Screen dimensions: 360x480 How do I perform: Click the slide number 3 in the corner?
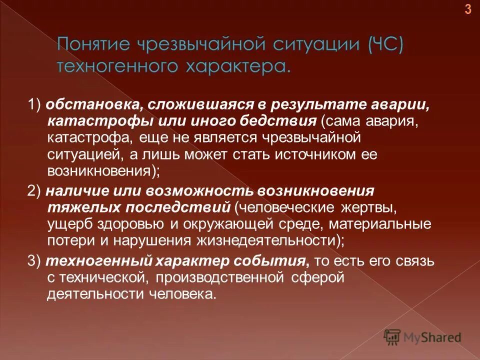coord(468,9)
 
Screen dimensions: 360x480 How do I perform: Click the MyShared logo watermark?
coord(422,337)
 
